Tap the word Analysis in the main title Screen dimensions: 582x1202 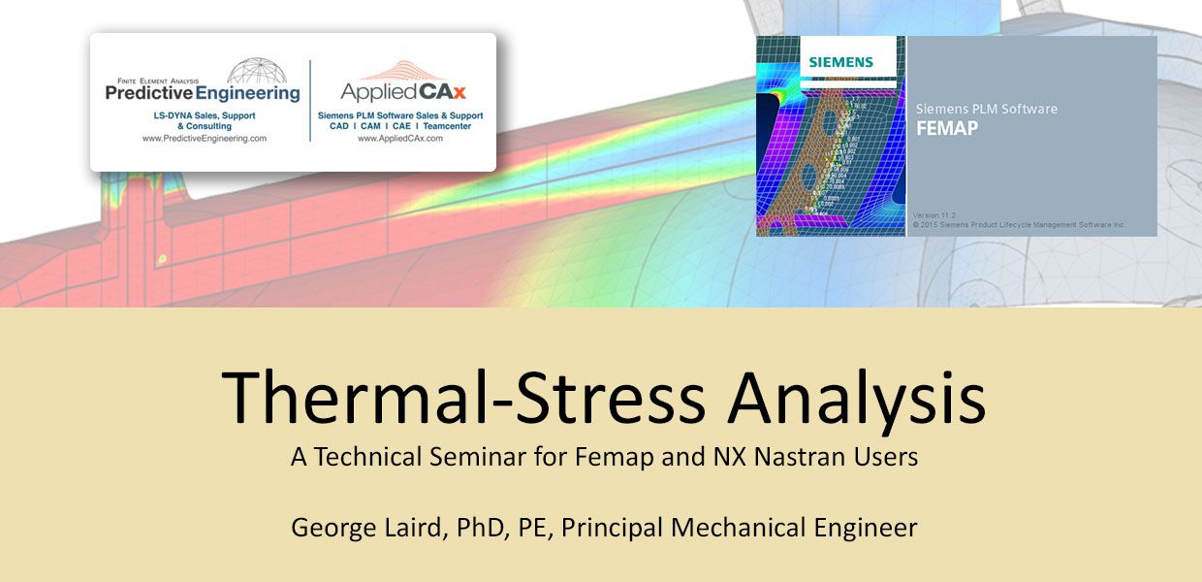tap(858, 399)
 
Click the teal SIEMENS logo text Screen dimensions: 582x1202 tap(841, 62)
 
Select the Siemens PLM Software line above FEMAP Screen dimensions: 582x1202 tap(986, 109)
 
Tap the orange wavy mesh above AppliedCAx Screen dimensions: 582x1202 tap(400, 71)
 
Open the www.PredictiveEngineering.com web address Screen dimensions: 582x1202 tap(204, 139)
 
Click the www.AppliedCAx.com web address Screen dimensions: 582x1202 tap(399, 139)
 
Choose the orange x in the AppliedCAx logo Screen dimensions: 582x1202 tap(459, 92)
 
